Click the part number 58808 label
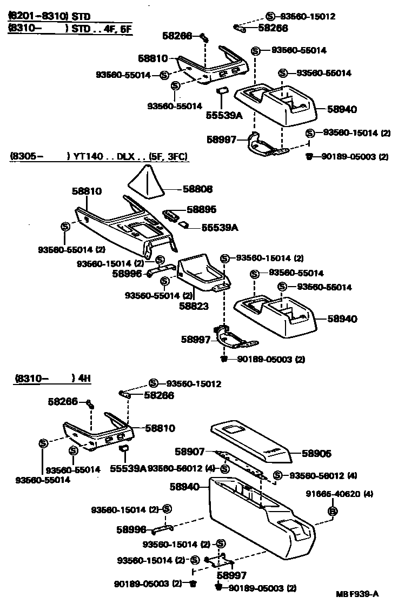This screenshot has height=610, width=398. [x=198, y=189]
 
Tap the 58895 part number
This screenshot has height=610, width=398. [x=202, y=209]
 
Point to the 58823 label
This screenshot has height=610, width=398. [x=194, y=306]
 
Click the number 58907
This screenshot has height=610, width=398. [x=190, y=450]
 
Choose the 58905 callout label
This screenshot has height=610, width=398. [x=316, y=454]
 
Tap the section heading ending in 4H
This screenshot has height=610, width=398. [x=52, y=378]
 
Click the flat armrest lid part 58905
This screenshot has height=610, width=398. [x=251, y=441]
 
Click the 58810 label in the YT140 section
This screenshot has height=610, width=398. [x=87, y=191]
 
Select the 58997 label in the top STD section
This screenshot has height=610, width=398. [x=221, y=140]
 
